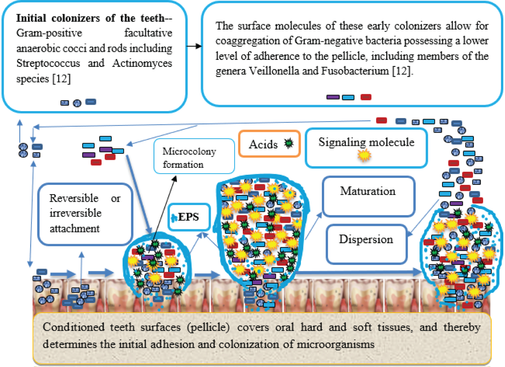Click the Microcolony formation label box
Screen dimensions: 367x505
coord(194,157)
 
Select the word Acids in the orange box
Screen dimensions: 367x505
coord(263,144)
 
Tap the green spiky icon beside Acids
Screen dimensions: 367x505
coord(289,143)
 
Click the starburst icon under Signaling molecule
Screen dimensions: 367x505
coord(364,155)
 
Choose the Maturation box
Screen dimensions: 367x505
coord(368,196)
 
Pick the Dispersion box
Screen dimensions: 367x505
coord(366,244)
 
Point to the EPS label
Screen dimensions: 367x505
coord(189,217)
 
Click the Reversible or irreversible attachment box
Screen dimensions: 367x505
coord(85,213)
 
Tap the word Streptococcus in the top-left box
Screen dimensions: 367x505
coord(48,63)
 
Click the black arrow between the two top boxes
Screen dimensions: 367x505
coord(194,46)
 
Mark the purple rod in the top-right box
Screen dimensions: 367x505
coord(333,97)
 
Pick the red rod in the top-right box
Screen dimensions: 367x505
coord(366,97)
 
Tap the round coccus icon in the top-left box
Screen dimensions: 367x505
coord(77,103)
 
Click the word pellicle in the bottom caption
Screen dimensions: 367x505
coord(209,327)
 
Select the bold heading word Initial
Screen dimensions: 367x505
coord(31,18)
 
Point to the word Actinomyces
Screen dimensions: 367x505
coord(142,63)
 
